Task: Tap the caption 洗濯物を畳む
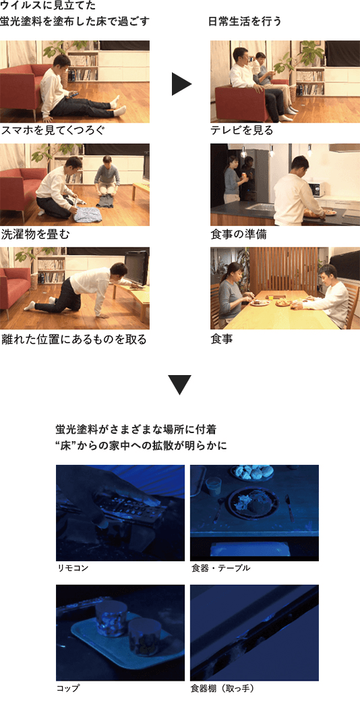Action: click(35, 234)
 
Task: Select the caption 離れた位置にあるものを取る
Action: click(73, 339)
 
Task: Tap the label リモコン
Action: click(73, 568)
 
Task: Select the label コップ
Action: click(68, 688)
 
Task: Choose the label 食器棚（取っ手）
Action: click(222, 688)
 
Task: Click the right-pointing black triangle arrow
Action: click(181, 84)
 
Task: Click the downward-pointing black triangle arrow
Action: click(179, 385)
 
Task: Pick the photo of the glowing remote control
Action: click(120, 513)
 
